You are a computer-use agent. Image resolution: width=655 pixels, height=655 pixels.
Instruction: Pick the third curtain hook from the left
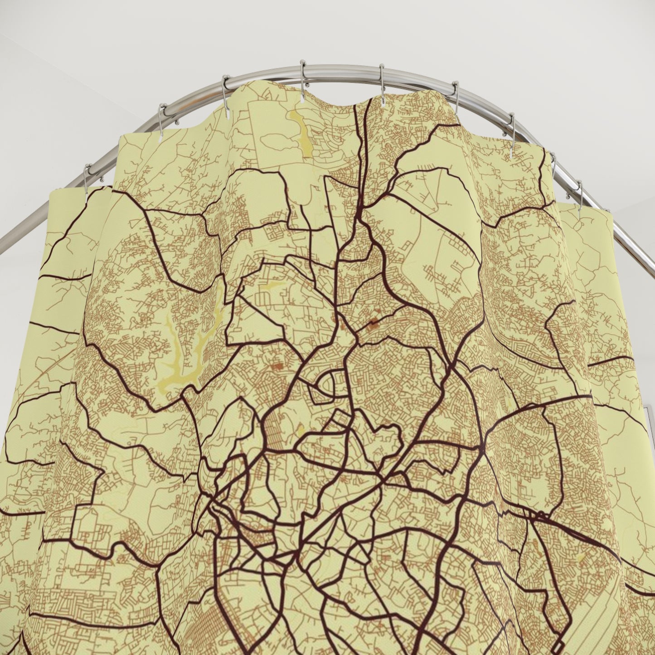tap(225, 88)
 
